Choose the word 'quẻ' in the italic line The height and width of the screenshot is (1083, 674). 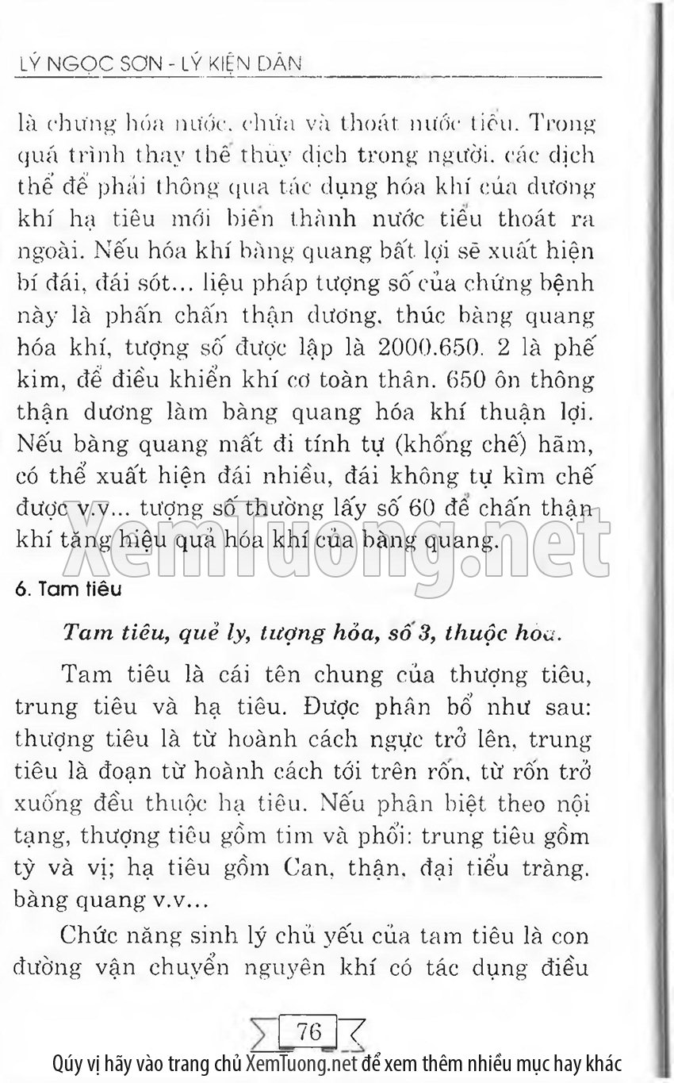point(197,632)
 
